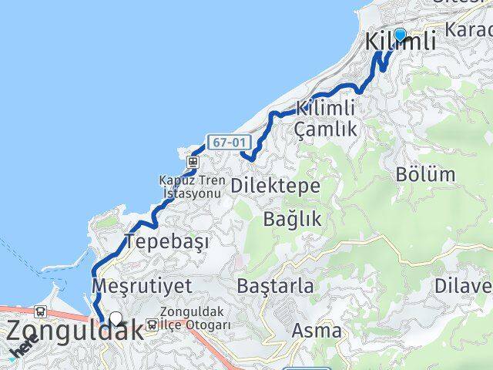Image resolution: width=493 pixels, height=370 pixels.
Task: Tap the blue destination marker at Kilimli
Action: (x=400, y=34)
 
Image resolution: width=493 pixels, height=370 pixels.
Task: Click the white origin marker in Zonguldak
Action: (x=116, y=317)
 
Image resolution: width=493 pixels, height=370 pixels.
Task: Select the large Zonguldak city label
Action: (x=75, y=331)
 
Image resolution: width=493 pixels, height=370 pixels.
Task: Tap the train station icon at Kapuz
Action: (x=191, y=163)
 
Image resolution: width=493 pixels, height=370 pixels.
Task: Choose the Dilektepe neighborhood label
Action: (x=275, y=186)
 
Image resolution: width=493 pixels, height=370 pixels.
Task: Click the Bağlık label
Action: (x=292, y=218)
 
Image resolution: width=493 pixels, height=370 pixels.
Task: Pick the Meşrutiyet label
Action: (x=141, y=285)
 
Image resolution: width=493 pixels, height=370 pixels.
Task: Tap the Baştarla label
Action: (x=276, y=287)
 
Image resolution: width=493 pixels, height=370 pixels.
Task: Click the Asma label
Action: (x=317, y=331)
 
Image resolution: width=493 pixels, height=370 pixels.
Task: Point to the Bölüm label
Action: (x=425, y=174)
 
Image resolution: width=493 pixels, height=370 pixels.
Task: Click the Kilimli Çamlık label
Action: (x=327, y=119)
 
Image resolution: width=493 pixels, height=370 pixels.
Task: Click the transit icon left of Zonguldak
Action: (x=39, y=311)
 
